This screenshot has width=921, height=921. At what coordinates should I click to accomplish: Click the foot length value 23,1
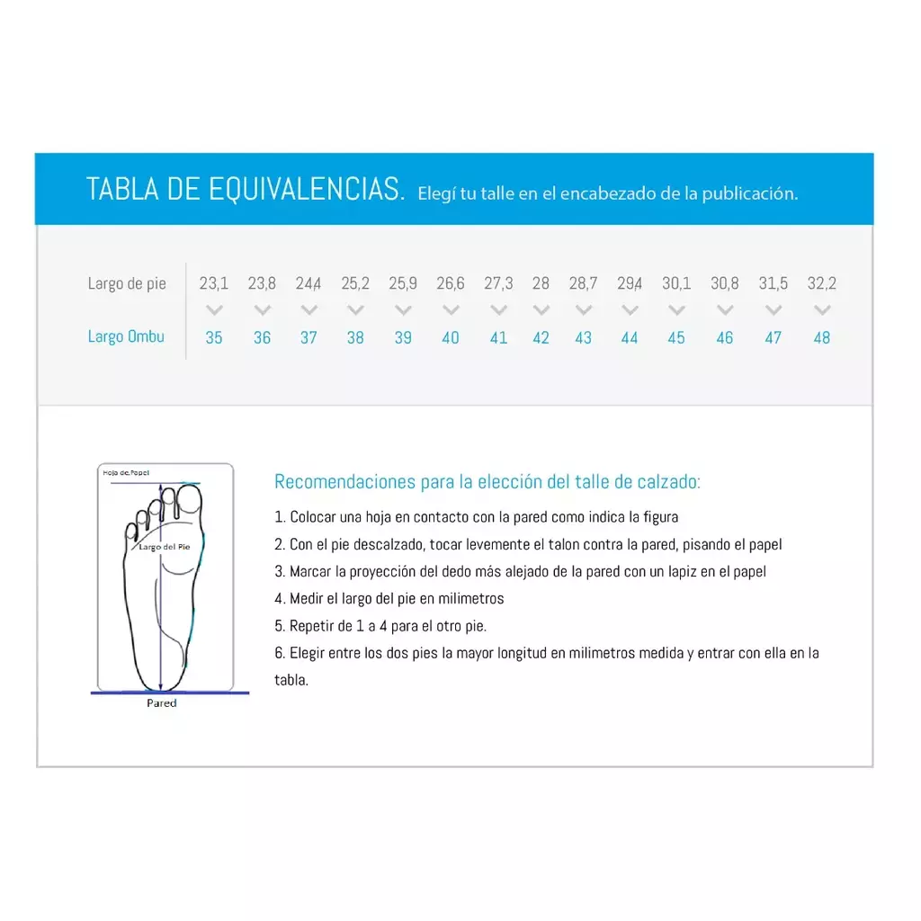tap(214, 283)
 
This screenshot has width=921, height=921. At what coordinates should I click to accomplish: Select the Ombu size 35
tap(214, 338)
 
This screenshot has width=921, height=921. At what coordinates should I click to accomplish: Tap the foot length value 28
tap(541, 283)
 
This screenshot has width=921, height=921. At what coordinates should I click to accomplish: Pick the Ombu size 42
tap(541, 338)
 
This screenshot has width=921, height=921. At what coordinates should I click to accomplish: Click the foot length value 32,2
tap(822, 283)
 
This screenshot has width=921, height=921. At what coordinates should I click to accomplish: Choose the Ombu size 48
tap(822, 338)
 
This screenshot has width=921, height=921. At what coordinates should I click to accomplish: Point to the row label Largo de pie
tap(127, 283)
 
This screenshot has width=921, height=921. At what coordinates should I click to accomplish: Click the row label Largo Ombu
tap(126, 336)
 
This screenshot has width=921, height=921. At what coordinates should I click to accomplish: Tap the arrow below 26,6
tap(451, 309)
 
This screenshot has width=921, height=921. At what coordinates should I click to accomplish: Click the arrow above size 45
tap(676, 309)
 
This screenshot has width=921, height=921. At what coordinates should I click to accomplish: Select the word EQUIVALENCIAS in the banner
tap(306, 189)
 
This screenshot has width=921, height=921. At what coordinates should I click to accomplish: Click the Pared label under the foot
tap(162, 703)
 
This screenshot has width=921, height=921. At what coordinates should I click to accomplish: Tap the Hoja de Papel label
tap(126, 473)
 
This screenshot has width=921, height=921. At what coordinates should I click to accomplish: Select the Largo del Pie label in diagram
tap(165, 547)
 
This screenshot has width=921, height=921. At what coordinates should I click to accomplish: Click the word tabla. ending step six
tap(291, 680)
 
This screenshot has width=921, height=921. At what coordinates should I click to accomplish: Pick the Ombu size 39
tap(403, 338)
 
